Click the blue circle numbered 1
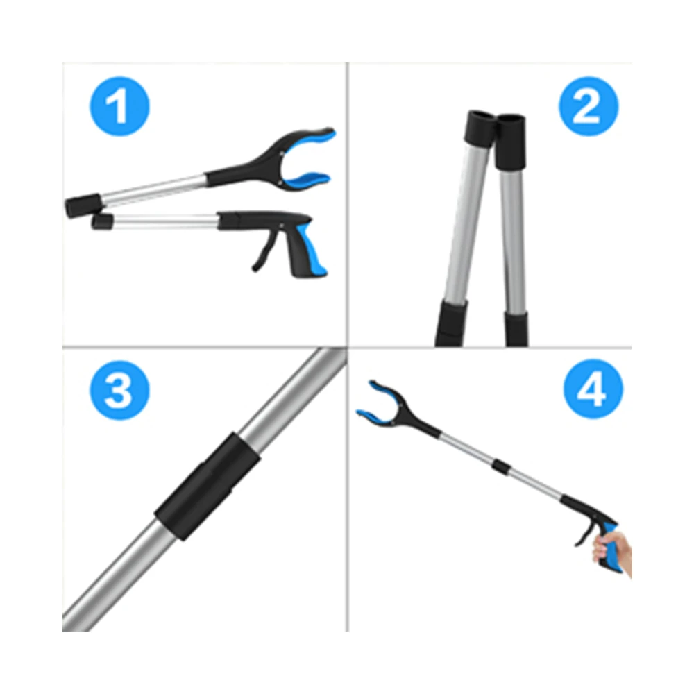click(119, 107)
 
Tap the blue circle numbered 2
click(589, 107)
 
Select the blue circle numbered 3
click(119, 390)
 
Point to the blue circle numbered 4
click(593, 389)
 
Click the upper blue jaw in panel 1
click(310, 141)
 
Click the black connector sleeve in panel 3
click(207, 486)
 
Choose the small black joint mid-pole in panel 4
click(500, 466)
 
